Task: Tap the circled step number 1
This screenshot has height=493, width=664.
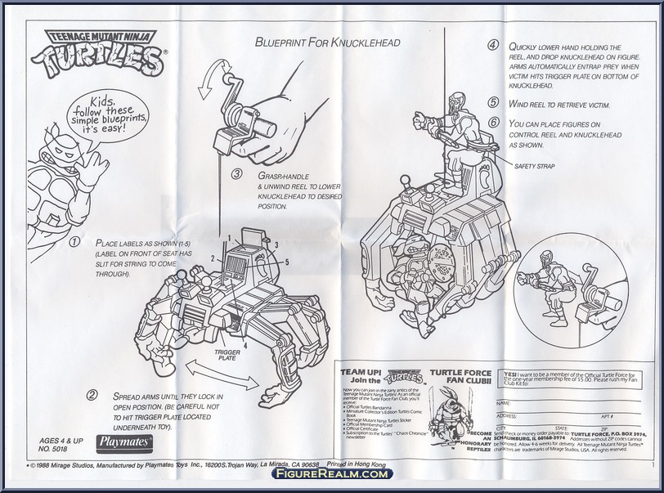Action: (x=74, y=243)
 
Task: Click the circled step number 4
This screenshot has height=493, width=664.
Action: (x=493, y=46)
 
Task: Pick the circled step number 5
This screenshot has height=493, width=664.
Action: (x=493, y=103)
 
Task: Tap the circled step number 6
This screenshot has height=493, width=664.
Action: (x=493, y=123)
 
